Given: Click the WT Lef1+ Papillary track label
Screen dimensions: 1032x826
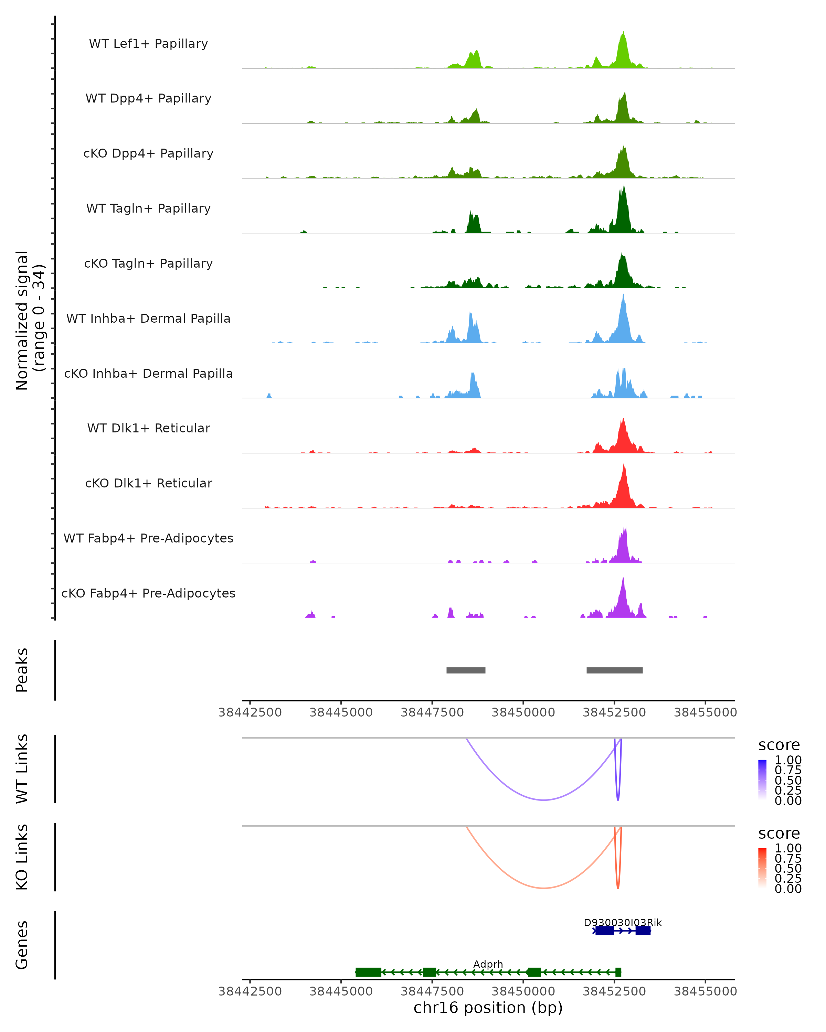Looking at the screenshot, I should [148, 44].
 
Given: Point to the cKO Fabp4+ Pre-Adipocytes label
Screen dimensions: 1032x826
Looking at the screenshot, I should [148, 593].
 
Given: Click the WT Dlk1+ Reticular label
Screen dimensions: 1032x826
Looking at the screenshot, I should [148, 428].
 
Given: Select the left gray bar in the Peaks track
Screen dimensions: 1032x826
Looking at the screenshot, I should [466, 670].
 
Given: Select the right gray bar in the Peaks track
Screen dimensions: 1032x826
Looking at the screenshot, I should [614, 670].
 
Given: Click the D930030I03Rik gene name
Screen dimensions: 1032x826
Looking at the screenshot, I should [623, 922].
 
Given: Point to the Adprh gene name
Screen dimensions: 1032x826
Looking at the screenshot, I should [488, 964].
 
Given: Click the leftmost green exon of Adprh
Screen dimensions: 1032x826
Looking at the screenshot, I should [368, 972].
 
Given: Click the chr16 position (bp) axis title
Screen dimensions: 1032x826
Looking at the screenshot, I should [488, 1008].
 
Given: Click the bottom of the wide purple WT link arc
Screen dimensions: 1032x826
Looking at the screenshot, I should [543, 800].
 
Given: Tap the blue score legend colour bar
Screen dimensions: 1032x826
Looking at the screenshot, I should [762, 780].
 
